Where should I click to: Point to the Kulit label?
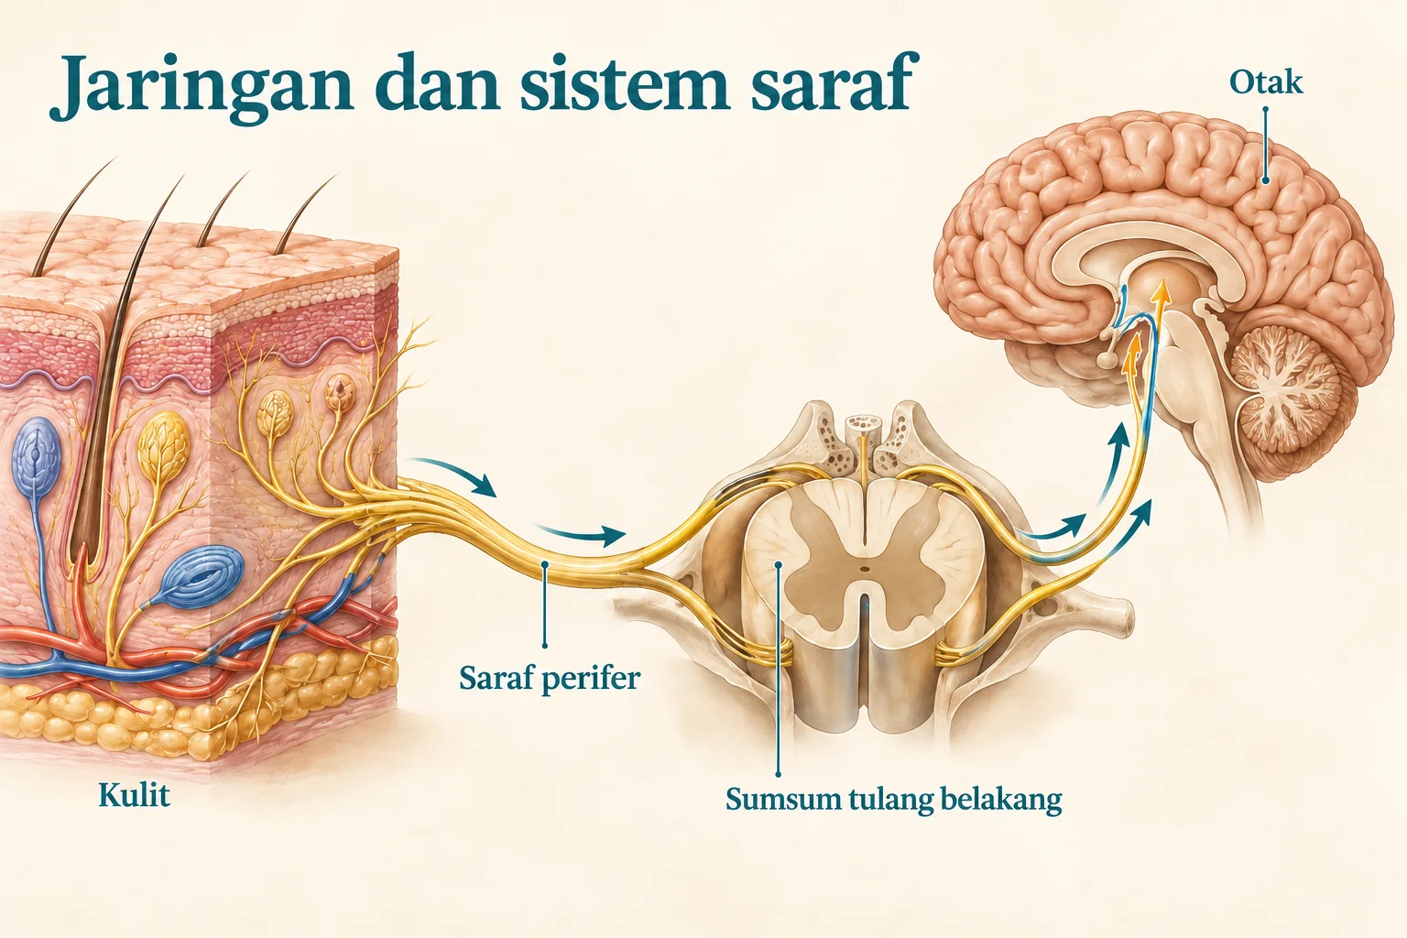pyautogui.click(x=135, y=795)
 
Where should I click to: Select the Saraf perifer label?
pyautogui.click(x=550, y=679)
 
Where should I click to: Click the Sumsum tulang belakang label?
pyautogui.click(x=894, y=799)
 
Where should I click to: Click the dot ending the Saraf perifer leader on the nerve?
pyautogui.click(x=545, y=564)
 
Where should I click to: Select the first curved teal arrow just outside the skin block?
pyautogui.click(x=453, y=475)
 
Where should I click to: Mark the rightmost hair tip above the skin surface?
pyautogui.click(x=335, y=176)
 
